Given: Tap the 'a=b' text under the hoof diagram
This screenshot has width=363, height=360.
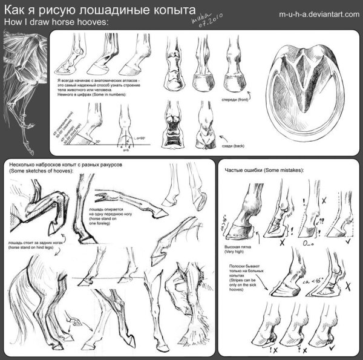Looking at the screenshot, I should [126, 149].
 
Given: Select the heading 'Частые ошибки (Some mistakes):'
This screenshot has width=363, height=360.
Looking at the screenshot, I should [264, 170].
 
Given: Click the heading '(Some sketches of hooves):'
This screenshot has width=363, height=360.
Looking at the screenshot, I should [41, 172].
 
